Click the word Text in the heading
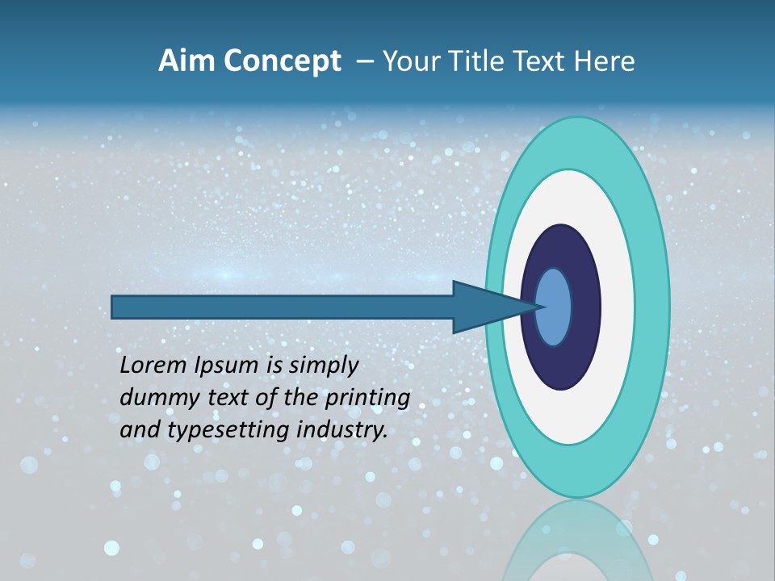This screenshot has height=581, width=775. coord(546,61)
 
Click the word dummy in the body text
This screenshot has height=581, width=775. coord(154,398)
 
